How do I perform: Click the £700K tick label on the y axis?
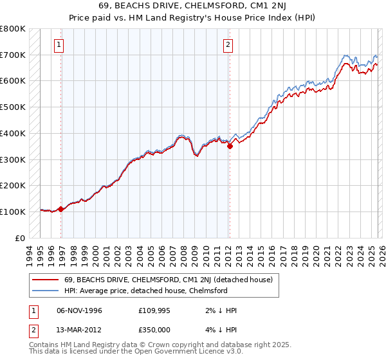click(x=13, y=55)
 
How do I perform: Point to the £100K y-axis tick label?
click(x=13, y=212)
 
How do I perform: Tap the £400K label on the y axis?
click(x=13, y=133)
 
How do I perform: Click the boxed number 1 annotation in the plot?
click(x=59, y=44)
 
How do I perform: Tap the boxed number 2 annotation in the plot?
click(x=228, y=44)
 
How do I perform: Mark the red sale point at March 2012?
click(x=230, y=147)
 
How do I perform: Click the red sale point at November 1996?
click(x=61, y=209)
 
